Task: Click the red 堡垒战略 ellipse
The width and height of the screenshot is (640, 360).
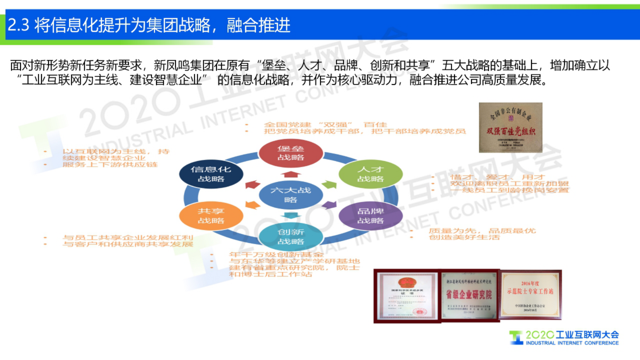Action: click(291, 153)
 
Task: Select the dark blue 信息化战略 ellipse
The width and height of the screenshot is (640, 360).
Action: click(211, 174)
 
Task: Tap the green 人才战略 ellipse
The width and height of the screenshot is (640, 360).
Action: click(371, 174)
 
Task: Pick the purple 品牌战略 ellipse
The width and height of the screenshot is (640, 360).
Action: click(371, 216)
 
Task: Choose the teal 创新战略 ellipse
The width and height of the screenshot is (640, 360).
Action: click(291, 237)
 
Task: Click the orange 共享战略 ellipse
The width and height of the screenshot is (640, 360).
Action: click(211, 216)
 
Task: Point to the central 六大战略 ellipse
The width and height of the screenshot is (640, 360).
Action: click(291, 195)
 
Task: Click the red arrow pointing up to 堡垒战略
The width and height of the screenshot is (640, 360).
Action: click(291, 174)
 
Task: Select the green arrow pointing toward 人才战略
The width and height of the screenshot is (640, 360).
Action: click(329, 184)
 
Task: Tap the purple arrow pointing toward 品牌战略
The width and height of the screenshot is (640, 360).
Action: click(329, 205)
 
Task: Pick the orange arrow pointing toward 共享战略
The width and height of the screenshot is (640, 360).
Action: click(252, 205)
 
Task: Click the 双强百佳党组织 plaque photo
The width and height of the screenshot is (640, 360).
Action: click(510, 128)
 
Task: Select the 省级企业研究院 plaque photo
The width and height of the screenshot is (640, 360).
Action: click(469, 295)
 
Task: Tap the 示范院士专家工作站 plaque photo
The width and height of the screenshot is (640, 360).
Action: click(531, 295)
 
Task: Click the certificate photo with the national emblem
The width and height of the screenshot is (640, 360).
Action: click(407, 296)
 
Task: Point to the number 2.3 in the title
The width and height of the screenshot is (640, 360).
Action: click(19, 25)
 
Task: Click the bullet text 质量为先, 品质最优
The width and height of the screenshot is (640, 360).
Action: click(482, 231)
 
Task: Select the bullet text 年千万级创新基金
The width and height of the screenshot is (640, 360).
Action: click(276, 255)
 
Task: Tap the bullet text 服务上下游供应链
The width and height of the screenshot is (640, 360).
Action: click(110, 165)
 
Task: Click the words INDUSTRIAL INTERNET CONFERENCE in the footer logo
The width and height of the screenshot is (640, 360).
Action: click(572, 343)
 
